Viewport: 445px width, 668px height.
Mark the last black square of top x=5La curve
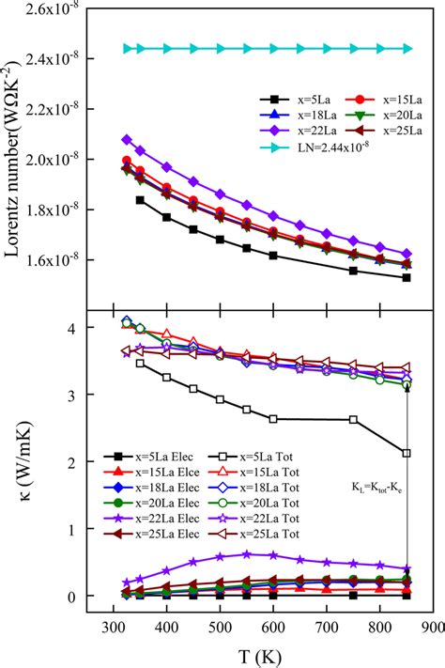tap(407, 277)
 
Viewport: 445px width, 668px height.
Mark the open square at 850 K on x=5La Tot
tap(407, 453)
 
